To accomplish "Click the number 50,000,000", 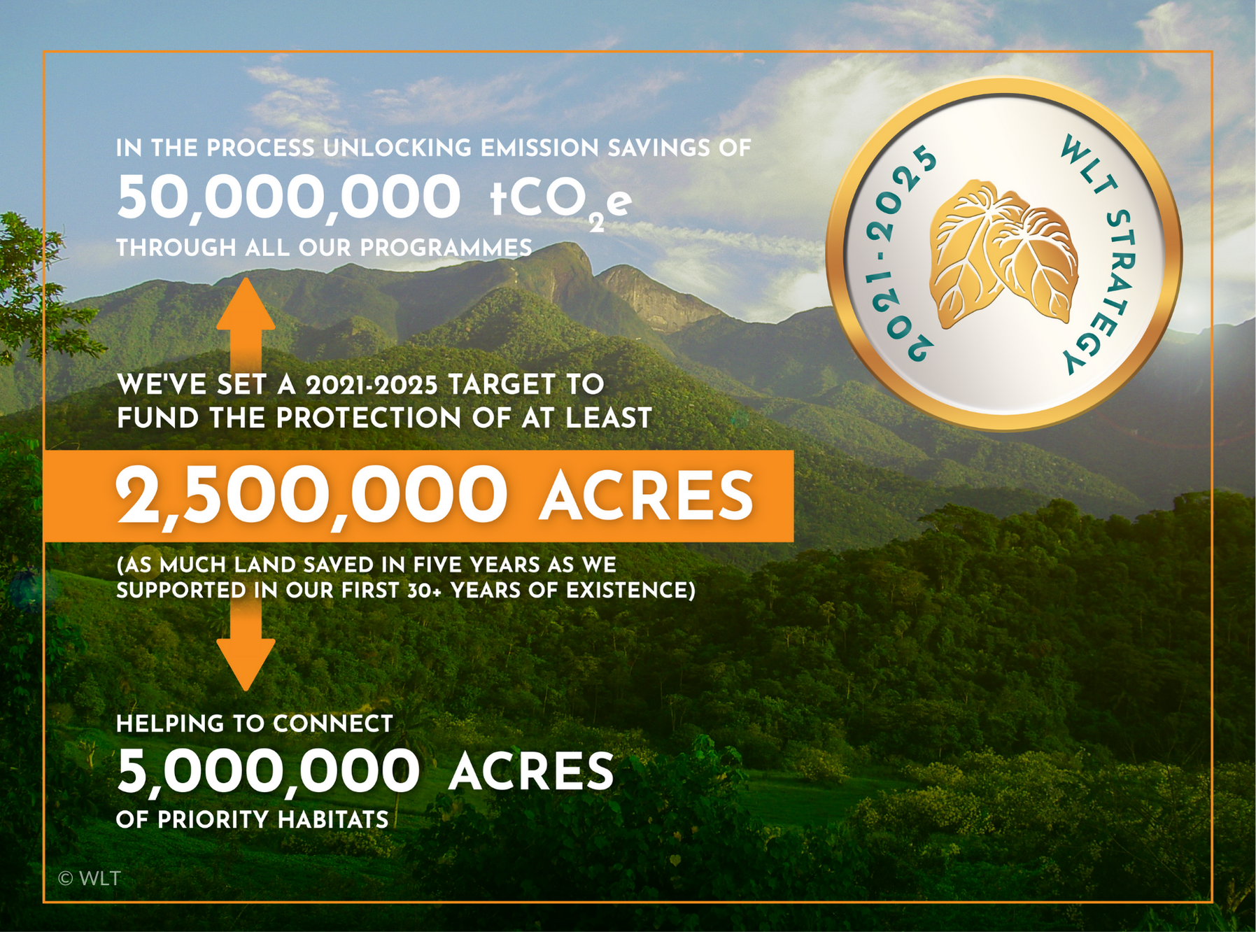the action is point(288,198).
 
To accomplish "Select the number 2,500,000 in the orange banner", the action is point(311,497).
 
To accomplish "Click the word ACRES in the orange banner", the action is point(646,495).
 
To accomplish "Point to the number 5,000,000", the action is point(268,772).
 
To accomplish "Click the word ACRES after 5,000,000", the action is point(531,771).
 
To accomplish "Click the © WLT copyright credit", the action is point(90,878).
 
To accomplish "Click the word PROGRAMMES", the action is point(446,248).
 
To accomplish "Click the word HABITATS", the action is point(333,819).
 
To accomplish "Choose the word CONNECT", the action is point(333,723).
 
